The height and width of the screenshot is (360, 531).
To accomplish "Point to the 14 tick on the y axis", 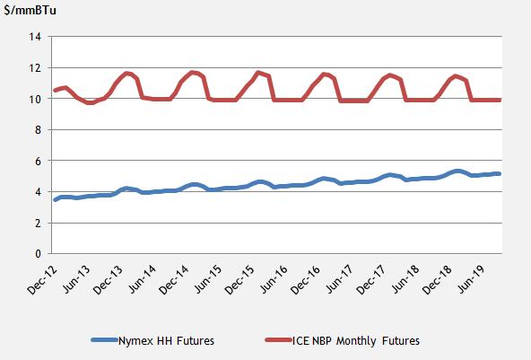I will pos(37,37).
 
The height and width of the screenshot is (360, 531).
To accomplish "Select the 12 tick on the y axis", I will pos(37,68).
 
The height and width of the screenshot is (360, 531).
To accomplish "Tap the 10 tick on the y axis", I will pos(37,99).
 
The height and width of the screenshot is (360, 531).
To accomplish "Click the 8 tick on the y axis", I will pos(39,130).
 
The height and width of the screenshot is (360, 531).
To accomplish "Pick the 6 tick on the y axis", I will pos(39,161).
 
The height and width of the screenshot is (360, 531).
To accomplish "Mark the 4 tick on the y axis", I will pos(39,192).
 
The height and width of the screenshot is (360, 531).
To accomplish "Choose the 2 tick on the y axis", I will pos(39,223).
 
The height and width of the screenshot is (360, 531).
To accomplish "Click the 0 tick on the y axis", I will pos(39,254).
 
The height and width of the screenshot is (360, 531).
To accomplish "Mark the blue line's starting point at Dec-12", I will pos(56,199).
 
